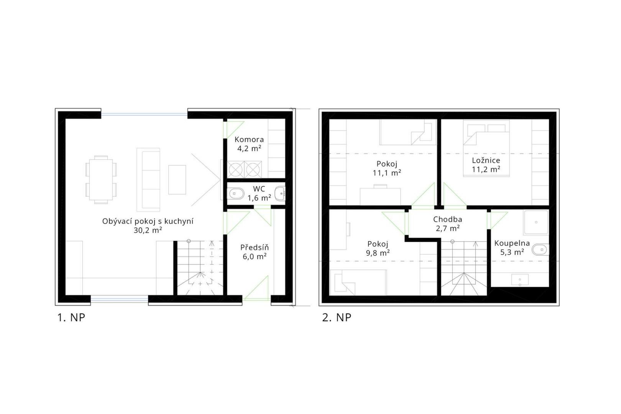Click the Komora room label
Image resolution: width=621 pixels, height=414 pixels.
(249, 140)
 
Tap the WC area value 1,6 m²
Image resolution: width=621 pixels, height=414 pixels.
(259, 198)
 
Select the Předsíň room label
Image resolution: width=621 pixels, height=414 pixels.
(255, 247)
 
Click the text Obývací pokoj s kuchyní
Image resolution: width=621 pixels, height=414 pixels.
(148, 222)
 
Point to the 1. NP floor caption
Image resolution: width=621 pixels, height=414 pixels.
(71, 317)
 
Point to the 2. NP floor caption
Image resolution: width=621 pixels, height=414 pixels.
(337, 317)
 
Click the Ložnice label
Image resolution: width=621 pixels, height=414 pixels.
(486, 160)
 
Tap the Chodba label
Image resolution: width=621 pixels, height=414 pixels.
(447, 220)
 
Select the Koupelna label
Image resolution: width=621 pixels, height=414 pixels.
(512, 243)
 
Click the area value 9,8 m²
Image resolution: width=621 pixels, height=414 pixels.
(378, 253)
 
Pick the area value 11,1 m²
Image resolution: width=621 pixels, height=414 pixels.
(387, 173)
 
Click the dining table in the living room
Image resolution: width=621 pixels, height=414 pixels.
(101, 180)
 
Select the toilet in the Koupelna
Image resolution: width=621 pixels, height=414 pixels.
(540, 250)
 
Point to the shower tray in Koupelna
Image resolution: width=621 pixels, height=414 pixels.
(536, 222)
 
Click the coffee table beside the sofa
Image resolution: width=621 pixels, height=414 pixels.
(177, 180)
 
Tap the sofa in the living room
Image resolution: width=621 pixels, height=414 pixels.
(148, 180)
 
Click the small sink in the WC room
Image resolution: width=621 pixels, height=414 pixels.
(280, 194)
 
